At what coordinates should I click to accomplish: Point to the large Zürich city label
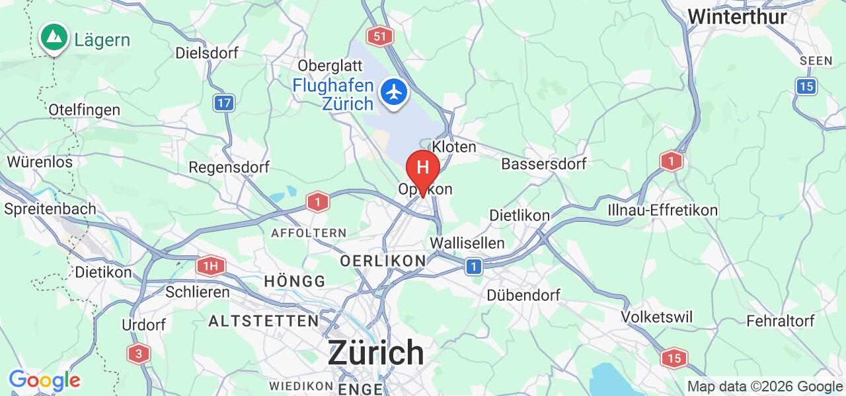376,352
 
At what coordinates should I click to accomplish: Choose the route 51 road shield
379,36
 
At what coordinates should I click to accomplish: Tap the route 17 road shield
225,103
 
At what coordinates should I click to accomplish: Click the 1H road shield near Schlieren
210,267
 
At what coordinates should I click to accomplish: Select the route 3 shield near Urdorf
138,354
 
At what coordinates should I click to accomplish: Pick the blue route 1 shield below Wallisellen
473,267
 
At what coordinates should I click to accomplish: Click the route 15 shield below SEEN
806,86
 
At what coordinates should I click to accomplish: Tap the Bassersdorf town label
544,164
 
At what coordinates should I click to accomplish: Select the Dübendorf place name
523,295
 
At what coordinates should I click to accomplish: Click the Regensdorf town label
229,167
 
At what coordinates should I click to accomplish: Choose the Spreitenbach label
50,209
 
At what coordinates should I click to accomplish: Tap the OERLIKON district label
383,261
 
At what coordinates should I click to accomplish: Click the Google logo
44,381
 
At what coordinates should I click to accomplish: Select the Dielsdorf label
207,53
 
